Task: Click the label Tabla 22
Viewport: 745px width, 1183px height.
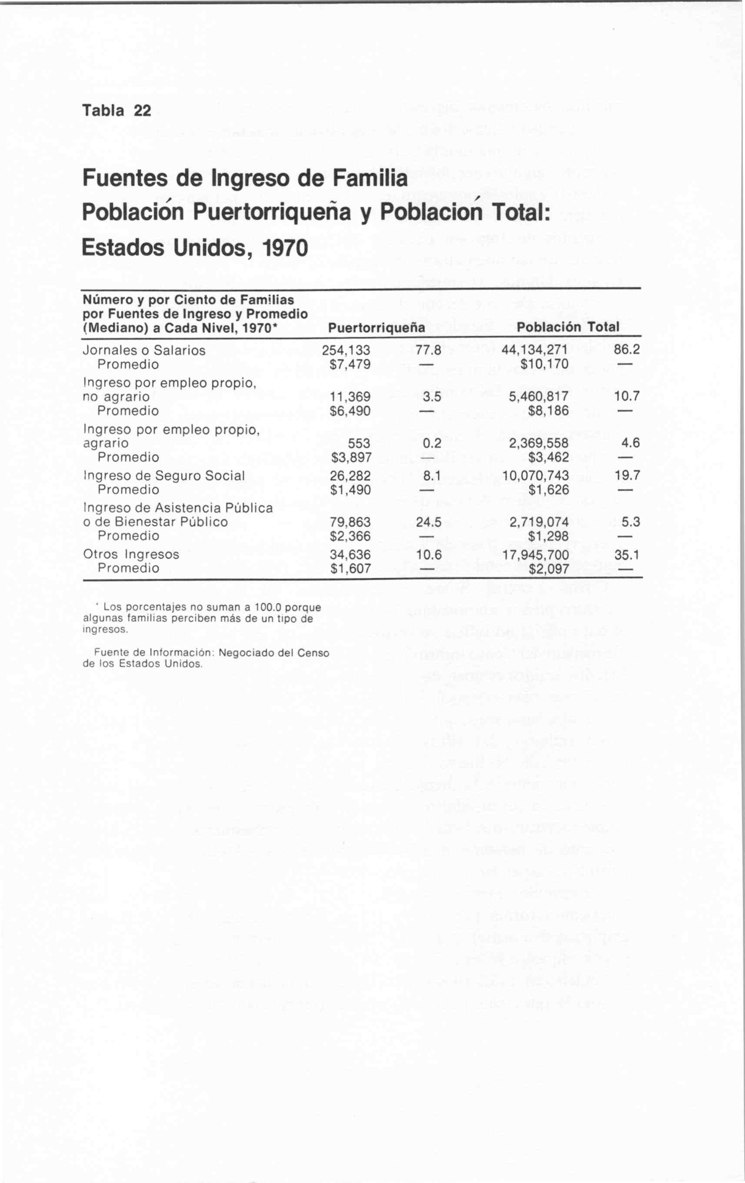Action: click(116, 110)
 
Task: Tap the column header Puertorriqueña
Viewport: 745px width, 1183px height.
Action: click(376, 327)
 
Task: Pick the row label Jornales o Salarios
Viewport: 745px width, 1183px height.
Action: click(144, 350)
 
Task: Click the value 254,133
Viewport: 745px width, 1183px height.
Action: click(346, 350)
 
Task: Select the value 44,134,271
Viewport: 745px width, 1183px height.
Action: click(535, 350)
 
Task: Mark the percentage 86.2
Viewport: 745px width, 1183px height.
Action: click(627, 350)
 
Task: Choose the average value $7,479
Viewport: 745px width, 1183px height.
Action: click(350, 365)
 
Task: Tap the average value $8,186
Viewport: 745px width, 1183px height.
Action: click(549, 411)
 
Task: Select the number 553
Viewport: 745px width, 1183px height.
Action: click(359, 443)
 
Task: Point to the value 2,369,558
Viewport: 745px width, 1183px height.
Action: click(539, 443)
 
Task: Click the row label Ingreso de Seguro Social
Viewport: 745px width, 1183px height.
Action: click(163, 476)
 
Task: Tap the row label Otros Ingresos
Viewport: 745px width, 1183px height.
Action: click(131, 554)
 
